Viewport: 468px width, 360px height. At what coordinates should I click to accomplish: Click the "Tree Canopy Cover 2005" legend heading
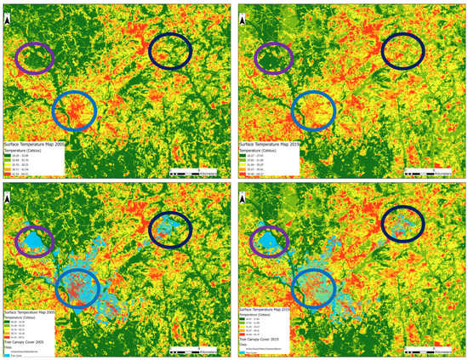coord(31,341)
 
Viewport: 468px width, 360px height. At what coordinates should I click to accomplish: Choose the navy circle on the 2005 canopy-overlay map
coord(174,228)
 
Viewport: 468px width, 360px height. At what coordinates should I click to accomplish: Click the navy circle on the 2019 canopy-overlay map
coord(402,224)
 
